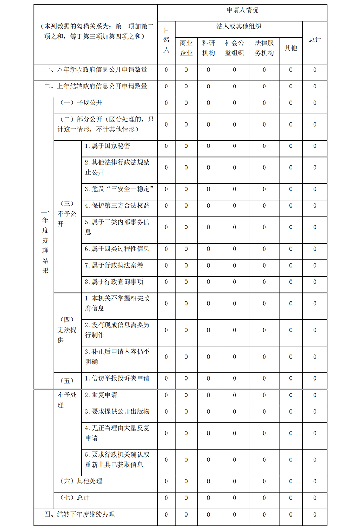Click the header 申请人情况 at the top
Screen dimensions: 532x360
click(242, 10)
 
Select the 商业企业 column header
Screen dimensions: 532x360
click(186, 48)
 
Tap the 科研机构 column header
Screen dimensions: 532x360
click(208, 48)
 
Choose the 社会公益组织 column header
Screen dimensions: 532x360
click(234, 48)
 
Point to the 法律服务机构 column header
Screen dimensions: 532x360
click(264, 48)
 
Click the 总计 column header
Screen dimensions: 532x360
click(315, 40)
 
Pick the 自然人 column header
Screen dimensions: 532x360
click(166, 40)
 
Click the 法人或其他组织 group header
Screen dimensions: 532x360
click(239, 27)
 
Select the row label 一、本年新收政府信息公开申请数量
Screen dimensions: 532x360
click(96, 70)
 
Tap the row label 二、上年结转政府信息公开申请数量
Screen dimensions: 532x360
click(96, 86)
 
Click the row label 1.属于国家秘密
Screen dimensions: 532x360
click(107, 146)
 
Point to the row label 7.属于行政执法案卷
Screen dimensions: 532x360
click(114, 265)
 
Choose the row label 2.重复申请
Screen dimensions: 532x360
click(101, 395)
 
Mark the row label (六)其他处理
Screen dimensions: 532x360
click(81, 481)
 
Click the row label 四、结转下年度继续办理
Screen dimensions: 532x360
click(80, 514)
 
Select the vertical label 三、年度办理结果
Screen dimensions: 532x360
click(45, 240)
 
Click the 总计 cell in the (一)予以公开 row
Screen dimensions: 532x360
click(315, 103)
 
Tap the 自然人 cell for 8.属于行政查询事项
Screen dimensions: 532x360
click(166, 282)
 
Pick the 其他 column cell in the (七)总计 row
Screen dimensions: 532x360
click(291, 498)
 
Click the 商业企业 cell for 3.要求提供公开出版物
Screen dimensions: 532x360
click(186, 411)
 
